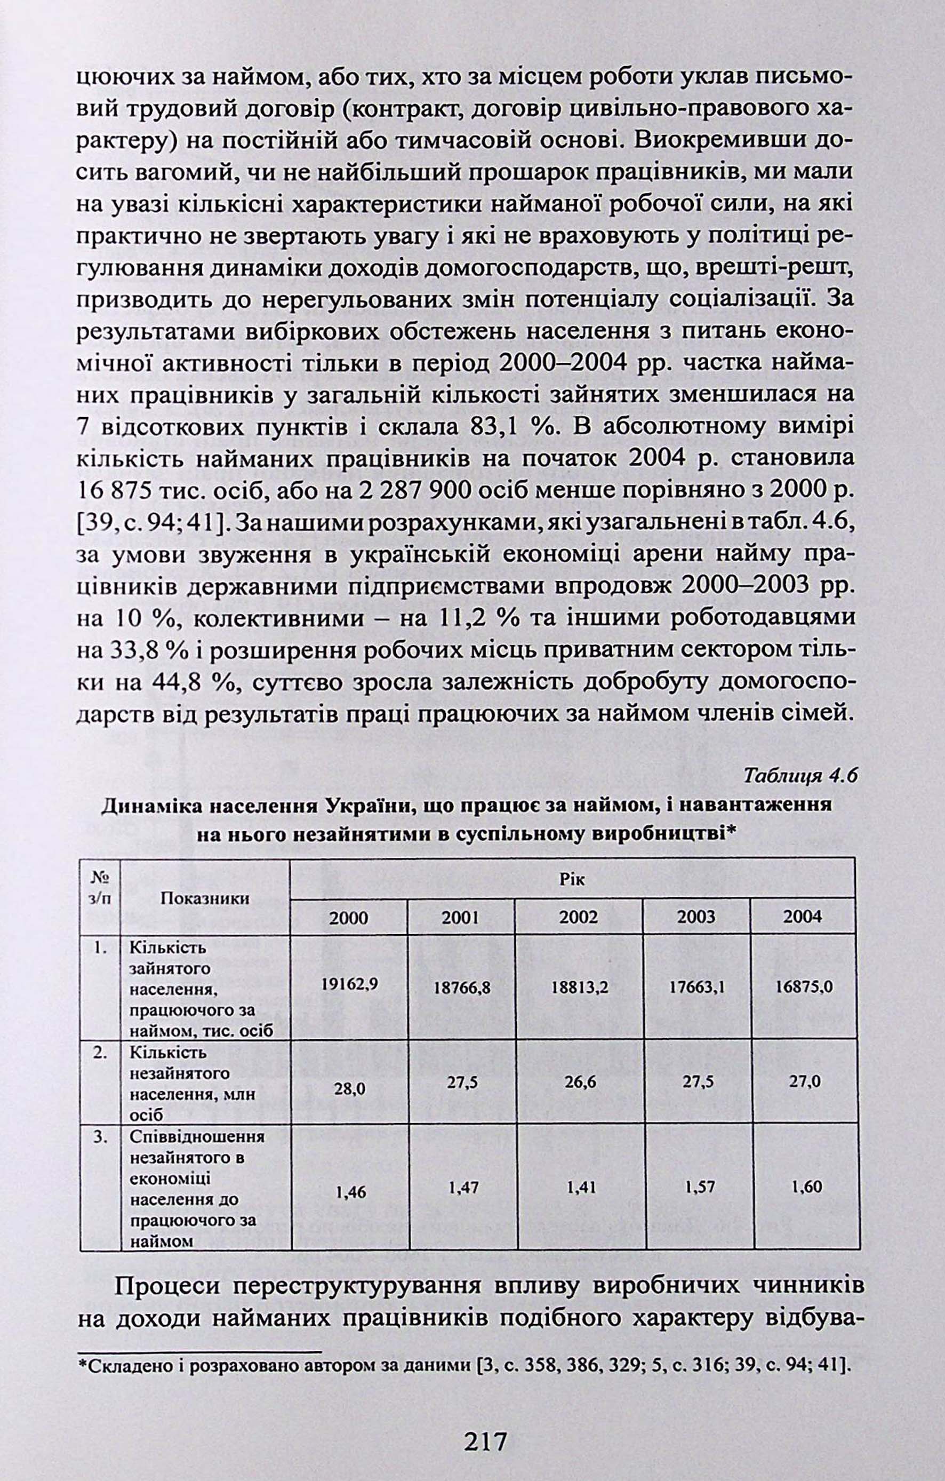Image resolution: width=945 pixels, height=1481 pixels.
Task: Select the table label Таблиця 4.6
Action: tap(800, 775)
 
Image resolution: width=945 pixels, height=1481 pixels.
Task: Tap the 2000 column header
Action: tap(349, 918)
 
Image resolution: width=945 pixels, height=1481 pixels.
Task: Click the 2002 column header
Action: tap(578, 917)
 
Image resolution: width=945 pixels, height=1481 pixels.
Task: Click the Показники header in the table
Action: tap(205, 898)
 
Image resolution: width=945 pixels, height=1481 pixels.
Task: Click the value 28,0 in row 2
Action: tap(349, 1090)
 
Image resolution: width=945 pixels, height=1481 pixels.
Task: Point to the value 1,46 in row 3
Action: tap(351, 1192)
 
